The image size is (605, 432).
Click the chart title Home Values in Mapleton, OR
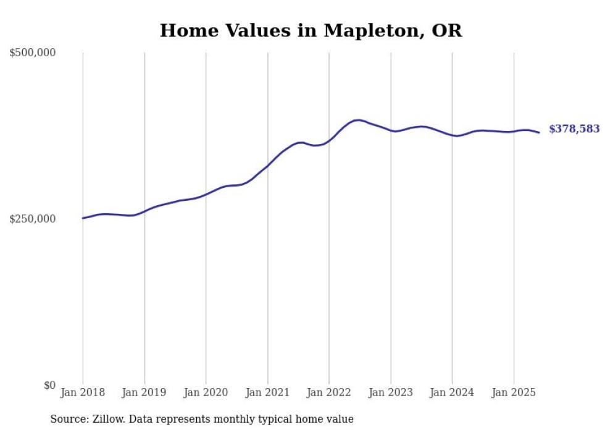tap(311, 30)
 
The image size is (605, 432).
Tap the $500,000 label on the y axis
tap(33, 53)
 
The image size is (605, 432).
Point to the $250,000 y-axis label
tap(33, 219)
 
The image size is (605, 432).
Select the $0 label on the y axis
tap(49, 385)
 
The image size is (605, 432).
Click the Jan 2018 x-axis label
tap(83, 392)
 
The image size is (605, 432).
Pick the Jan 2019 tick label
tap(144, 392)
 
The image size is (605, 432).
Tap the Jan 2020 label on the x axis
tap(206, 392)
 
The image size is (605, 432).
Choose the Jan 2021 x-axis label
tap(267, 392)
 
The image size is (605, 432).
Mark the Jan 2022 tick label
tap(329, 392)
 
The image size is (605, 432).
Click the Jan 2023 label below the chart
tap(391, 392)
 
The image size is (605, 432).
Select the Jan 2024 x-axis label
tap(452, 392)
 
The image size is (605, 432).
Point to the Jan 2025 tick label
tap(514, 392)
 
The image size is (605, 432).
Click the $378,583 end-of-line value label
tap(574, 129)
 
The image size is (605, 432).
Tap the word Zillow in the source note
tap(107, 419)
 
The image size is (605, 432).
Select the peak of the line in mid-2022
tap(358, 120)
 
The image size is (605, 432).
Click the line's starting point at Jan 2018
tap(83, 218)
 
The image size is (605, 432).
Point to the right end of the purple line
tap(539, 132)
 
